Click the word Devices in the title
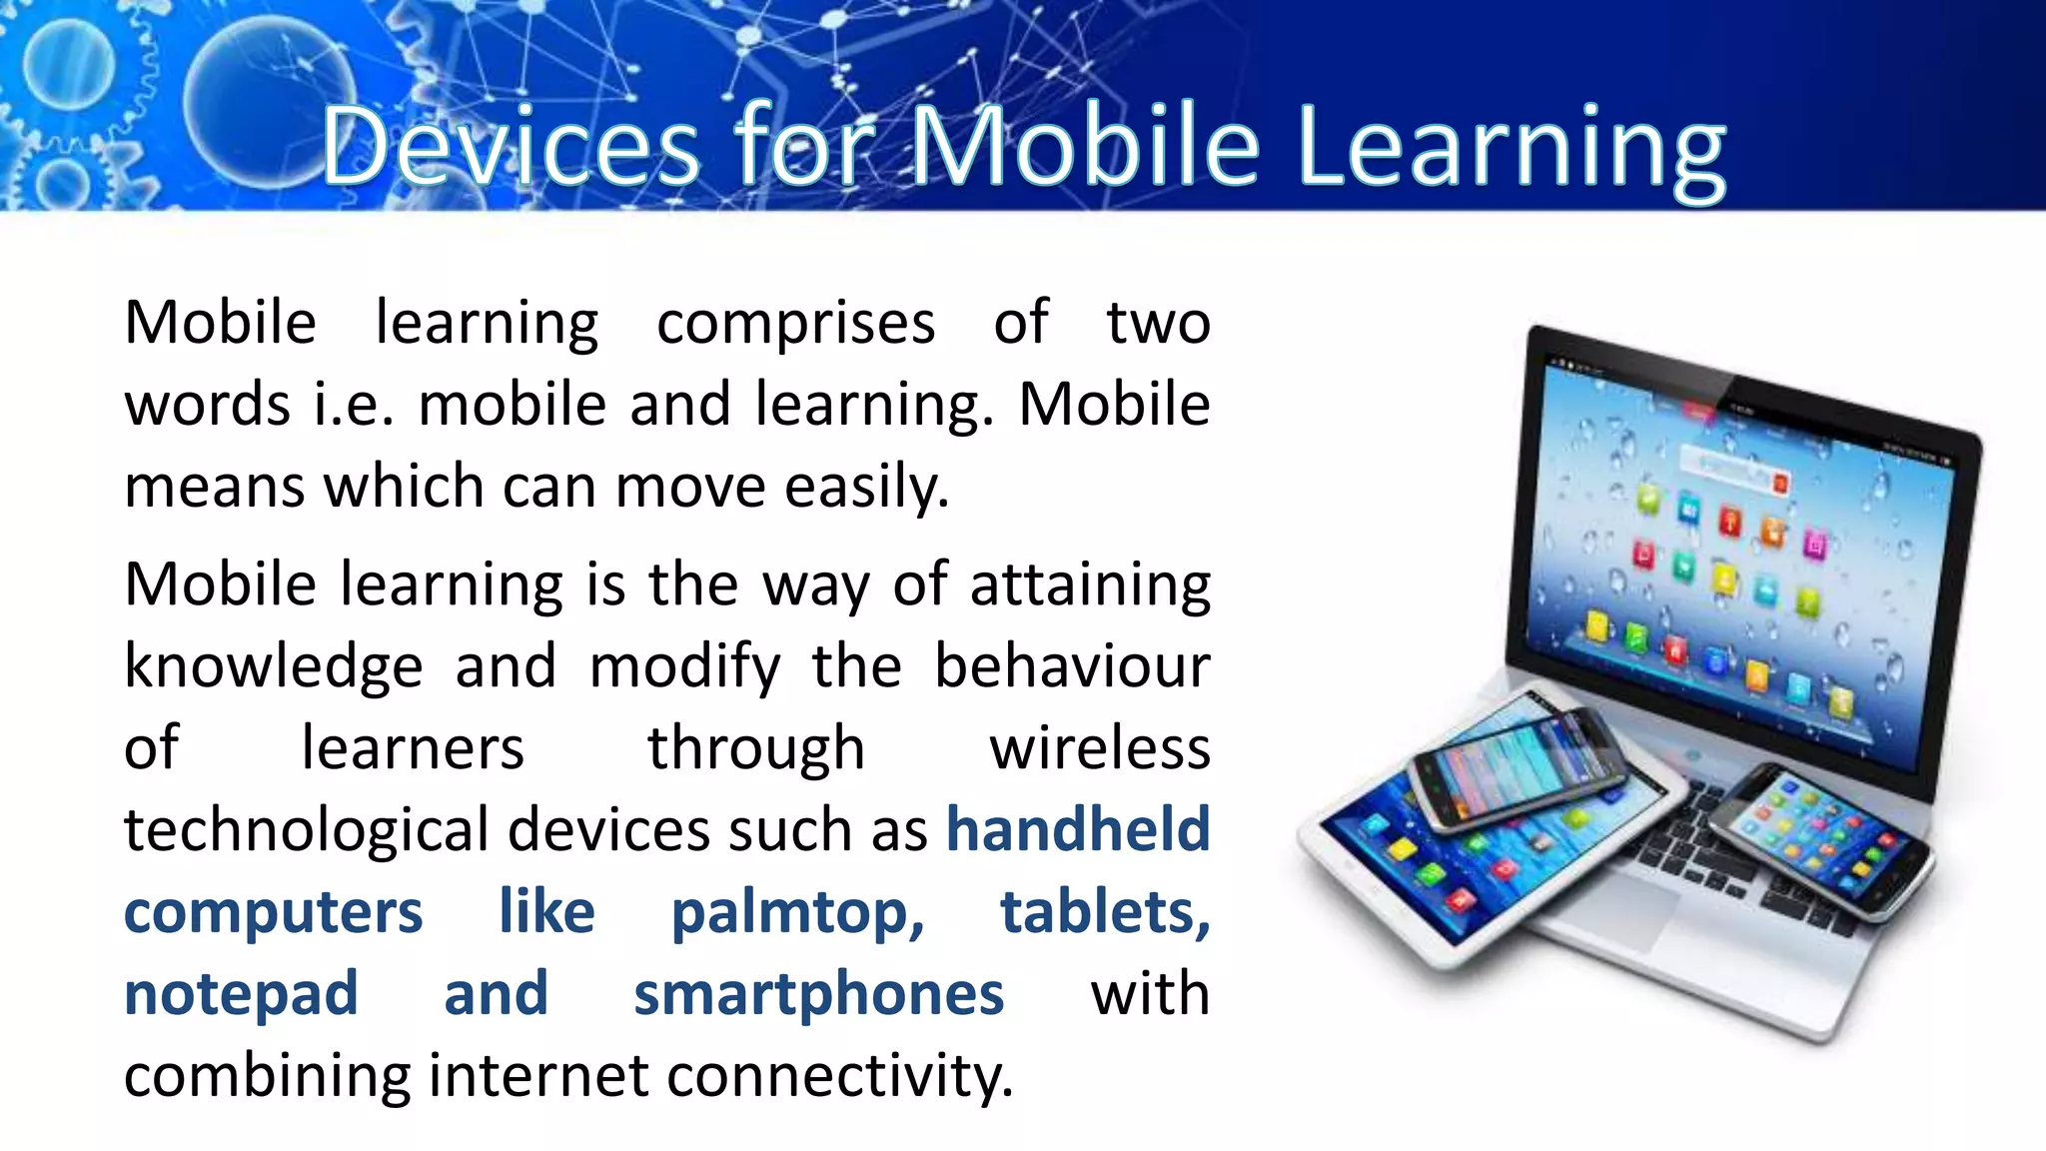pyautogui.click(x=511, y=147)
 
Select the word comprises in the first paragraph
pyautogui.click(x=795, y=324)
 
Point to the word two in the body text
pyautogui.click(x=1158, y=324)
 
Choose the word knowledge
pyautogui.click(x=273, y=667)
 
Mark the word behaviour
pyautogui.click(x=1072, y=666)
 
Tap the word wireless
pyautogui.click(x=1099, y=748)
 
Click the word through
pyautogui.click(x=755, y=750)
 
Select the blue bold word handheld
pyautogui.click(x=1078, y=830)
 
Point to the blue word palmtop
pyautogui.click(x=797, y=913)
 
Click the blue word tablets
pyautogui.click(x=1104, y=912)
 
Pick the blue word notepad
pyautogui.click(x=241, y=995)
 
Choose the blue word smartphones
pyautogui.click(x=818, y=995)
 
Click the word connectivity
pyautogui.click(x=839, y=1076)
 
